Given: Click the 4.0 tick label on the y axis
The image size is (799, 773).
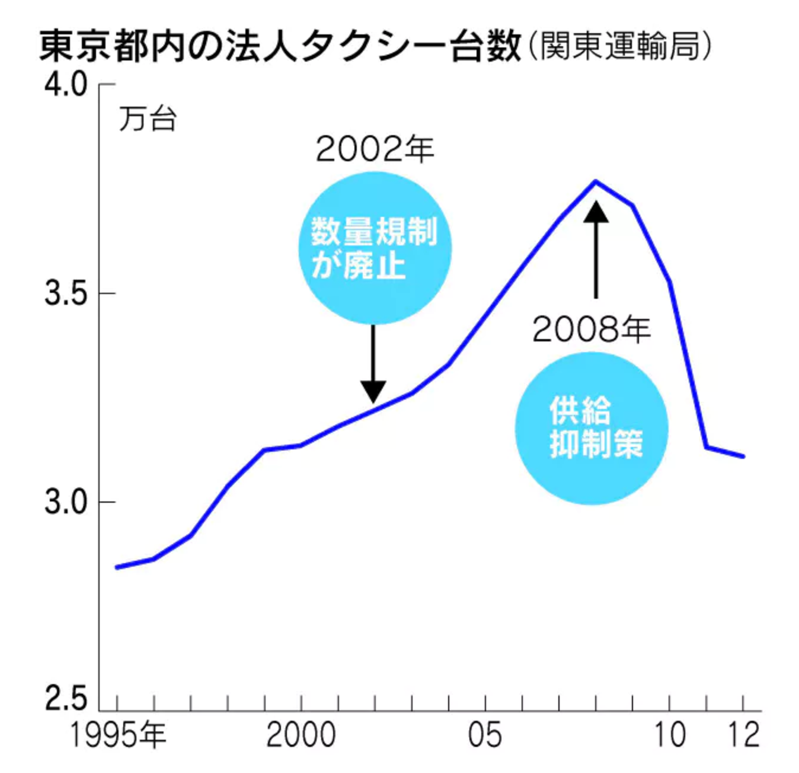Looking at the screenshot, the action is (65, 85).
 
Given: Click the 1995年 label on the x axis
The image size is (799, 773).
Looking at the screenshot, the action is (118, 735).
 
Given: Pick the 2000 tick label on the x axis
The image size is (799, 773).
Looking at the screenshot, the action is (301, 735).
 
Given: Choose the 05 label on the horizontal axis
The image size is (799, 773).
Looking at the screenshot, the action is (485, 735).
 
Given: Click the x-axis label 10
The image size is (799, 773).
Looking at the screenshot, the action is (670, 735).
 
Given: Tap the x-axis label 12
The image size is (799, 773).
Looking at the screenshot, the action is (743, 735).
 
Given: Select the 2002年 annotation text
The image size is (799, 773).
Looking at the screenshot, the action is (375, 149).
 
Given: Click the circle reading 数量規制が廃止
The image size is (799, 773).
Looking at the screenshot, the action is (375, 248).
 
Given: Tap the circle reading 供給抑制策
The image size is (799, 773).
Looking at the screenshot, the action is (592, 429).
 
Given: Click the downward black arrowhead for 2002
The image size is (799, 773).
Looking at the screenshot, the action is (373, 391).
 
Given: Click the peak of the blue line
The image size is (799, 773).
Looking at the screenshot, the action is (596, 181).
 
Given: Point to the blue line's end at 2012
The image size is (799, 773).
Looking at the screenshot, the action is (743, 456).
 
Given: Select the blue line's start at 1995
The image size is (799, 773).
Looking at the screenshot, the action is (117, 568).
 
